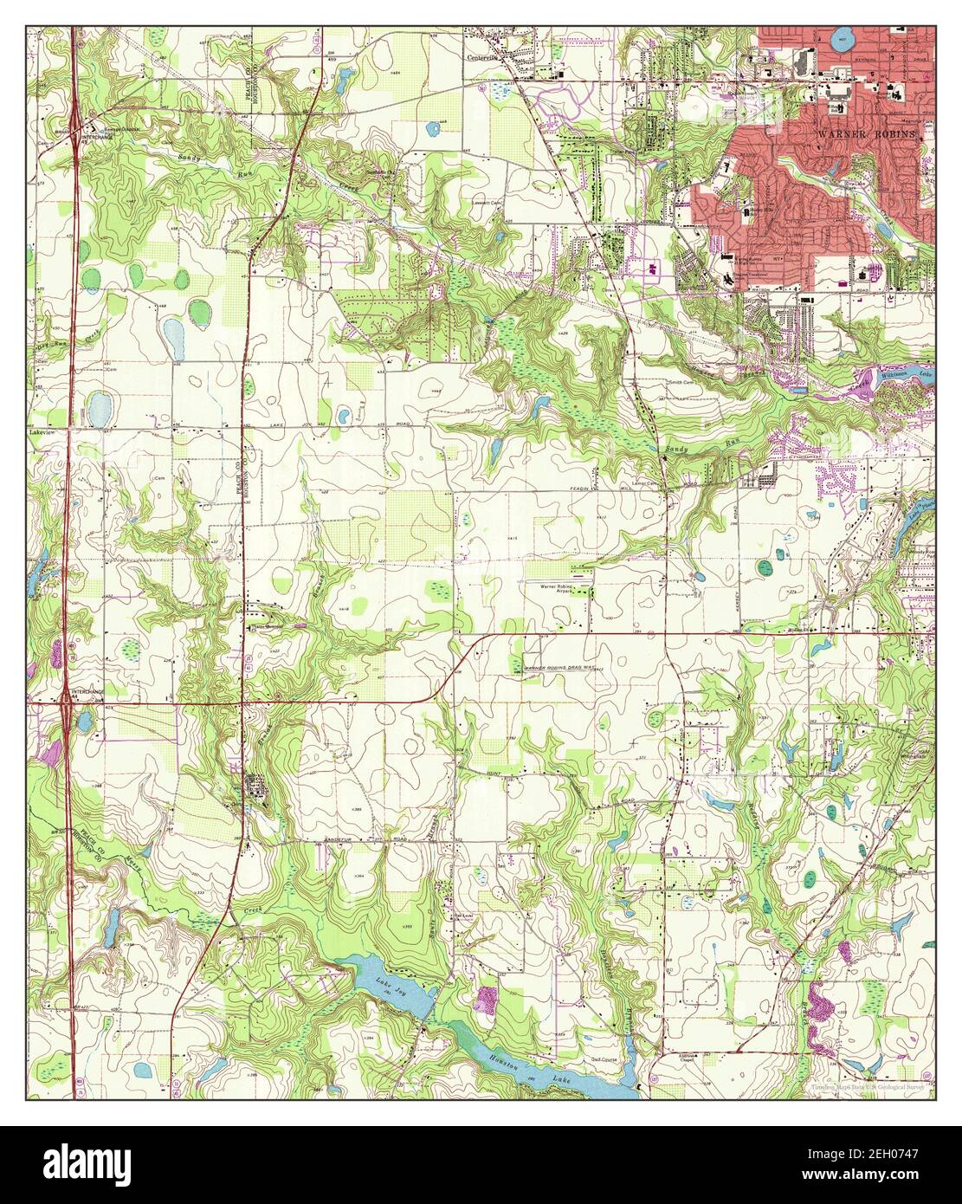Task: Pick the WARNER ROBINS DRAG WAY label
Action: [x=559, y=670]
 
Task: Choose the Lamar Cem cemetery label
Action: [x=642, y=483]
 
